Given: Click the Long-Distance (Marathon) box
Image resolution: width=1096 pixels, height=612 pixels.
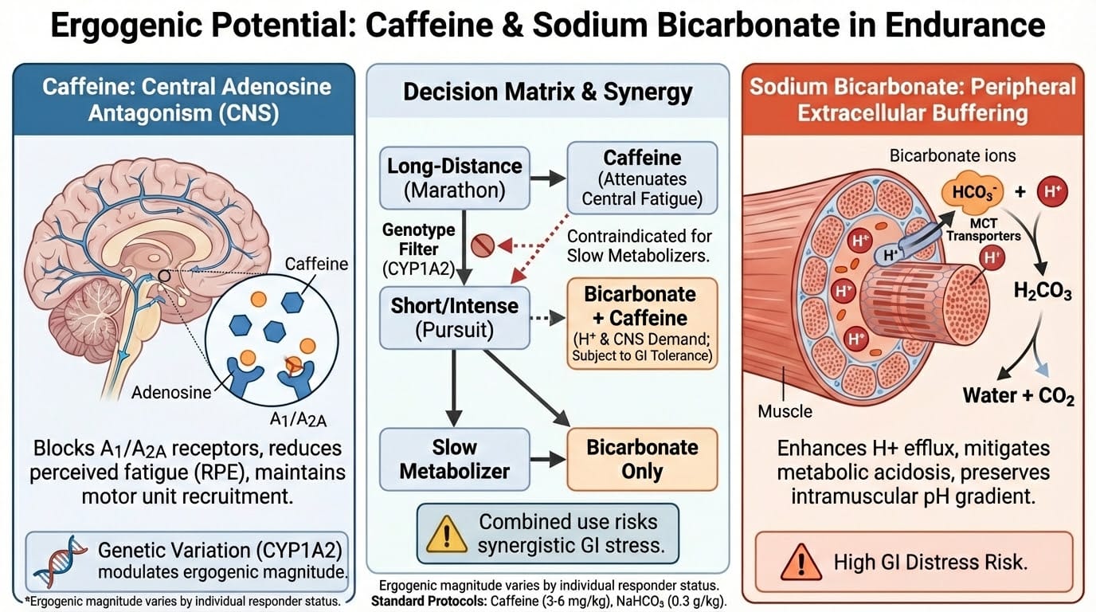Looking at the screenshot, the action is pos(455,178).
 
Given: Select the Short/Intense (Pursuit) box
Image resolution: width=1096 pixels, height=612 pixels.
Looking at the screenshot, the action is pos(455,318).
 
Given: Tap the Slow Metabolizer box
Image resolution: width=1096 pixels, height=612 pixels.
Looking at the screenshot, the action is pos(455,459).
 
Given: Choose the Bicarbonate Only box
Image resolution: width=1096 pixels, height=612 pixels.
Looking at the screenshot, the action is pos(642,459).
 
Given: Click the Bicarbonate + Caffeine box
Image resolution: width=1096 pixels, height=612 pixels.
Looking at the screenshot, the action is pos(642,324).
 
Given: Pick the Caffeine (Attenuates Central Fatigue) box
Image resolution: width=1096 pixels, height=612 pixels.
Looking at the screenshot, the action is pos(642,178).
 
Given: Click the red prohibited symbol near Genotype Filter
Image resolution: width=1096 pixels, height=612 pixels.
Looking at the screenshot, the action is pos(483,245).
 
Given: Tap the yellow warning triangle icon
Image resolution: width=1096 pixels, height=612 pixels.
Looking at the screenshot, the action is pos(446,534).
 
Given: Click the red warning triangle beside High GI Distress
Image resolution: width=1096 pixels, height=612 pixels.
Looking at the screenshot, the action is pos(801,562).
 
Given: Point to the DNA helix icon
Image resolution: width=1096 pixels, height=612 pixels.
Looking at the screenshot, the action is pos(60,561).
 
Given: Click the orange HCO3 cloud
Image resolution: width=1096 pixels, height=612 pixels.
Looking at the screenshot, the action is pos(973,191).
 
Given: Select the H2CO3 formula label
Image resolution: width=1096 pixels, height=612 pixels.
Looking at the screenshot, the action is pos(1042,292).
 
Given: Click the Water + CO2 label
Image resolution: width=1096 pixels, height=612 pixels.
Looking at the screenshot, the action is pos(1018,395).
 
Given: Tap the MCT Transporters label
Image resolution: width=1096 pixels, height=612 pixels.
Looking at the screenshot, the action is pos(984,229).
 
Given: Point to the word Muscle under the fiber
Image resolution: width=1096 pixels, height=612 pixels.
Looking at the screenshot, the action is pos(785,411).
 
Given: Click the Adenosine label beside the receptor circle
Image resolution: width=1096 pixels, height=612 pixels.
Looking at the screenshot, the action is pos(171,392).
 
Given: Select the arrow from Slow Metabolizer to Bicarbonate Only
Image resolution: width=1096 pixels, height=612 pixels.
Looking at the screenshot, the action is pos(548,459).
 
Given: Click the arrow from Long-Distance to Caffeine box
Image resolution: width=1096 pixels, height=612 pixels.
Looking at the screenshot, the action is pos(548,178).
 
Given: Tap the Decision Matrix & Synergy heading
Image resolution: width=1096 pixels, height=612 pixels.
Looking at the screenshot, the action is pos(548,92).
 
